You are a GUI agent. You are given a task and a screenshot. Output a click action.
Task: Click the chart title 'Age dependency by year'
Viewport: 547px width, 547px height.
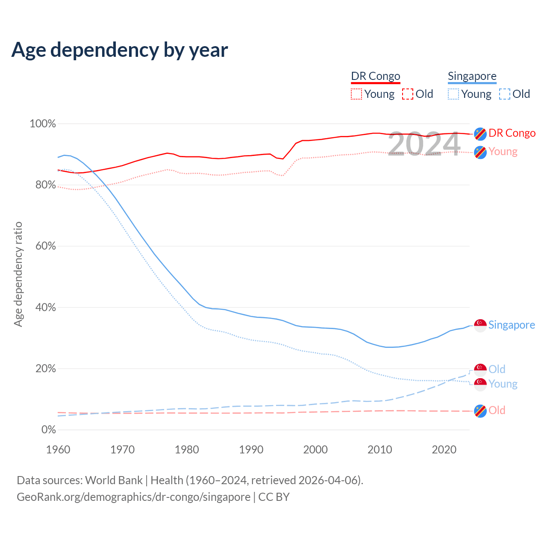tap(120, 50)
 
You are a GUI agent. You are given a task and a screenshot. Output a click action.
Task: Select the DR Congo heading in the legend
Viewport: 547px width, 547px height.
tap(376, 76)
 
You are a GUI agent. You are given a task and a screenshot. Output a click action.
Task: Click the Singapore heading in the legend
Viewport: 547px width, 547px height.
tap(472, 76)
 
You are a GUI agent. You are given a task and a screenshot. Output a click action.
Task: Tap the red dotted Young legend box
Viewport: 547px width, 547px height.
tap(356, 94)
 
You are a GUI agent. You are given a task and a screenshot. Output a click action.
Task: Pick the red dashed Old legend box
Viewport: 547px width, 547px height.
tap(408, 94)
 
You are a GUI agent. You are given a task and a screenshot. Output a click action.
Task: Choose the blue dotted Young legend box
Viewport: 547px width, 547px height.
tap(453, 94)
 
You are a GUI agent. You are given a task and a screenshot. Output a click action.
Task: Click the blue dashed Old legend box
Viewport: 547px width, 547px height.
tap(505, 94)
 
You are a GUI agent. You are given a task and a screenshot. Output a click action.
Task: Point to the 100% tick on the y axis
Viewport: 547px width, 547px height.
tap(43, 124)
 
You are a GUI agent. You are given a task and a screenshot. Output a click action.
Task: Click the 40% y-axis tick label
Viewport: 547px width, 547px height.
tap(45, 307)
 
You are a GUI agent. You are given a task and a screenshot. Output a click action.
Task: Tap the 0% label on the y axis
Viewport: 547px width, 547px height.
tap(48, 429)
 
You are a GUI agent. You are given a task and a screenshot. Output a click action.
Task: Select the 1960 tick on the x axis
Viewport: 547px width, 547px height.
tap(58, 450)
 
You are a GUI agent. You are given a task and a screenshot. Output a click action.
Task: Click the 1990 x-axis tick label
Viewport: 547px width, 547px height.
tap(251, 450)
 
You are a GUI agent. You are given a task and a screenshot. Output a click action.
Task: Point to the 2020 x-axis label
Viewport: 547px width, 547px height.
tap(444, 450)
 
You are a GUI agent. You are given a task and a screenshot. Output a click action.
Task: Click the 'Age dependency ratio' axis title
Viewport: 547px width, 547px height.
tap(18, 274)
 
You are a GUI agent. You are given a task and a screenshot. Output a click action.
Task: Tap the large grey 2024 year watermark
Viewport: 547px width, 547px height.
tap(424, 144)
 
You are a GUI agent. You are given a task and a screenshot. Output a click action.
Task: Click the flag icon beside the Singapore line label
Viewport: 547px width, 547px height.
tap(480, 325)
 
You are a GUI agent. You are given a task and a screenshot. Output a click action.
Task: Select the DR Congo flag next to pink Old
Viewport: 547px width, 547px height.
tap(480, 411)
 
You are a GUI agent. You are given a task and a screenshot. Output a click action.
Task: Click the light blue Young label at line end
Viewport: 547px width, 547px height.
tap(503, 384)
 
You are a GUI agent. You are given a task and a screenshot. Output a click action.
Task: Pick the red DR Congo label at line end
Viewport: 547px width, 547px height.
tap(512, 133)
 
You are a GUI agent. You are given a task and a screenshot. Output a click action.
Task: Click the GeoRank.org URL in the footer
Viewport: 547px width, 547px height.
tap(133, 497)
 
